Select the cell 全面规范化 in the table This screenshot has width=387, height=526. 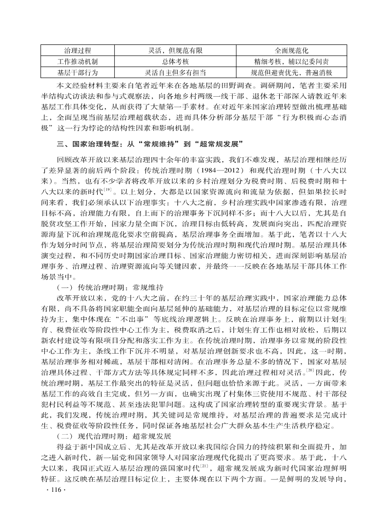[291, 50]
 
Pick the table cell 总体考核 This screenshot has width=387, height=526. [175, 62]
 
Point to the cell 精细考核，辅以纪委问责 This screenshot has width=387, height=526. [291, 62]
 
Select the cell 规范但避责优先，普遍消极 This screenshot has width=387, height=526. [291, 73]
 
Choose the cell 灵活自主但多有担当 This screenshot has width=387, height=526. [175, 73]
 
